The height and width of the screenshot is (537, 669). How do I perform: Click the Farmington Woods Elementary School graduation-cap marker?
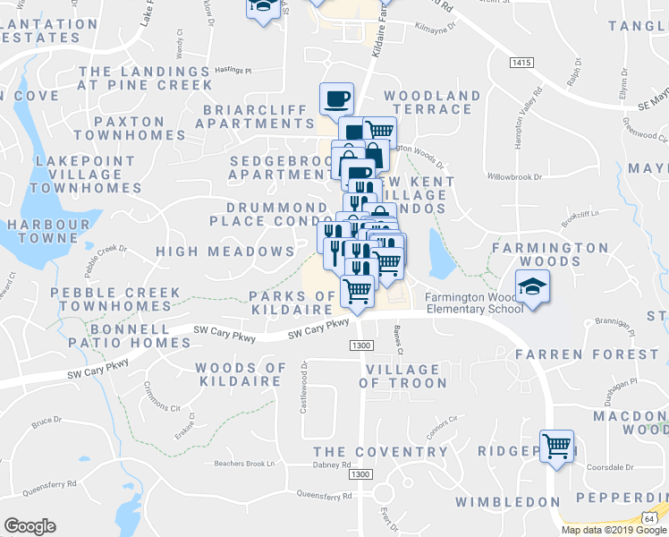click(x=533, y=287)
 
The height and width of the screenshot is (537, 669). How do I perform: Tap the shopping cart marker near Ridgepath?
click(x=557, y=445)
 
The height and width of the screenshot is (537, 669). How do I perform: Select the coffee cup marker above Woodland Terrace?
click(x=337, y=98)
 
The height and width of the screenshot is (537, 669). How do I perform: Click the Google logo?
click(x=30, y=526)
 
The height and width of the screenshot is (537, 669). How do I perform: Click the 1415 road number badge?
click(x=522, y=63)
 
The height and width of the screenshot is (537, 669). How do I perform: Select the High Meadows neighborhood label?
click(x=225, y=252)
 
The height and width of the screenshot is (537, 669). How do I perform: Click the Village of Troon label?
click(x=402, y=376)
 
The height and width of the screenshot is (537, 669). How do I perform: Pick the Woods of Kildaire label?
click(x=241, y=375)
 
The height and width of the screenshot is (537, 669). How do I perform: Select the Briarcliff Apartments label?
click(x=259, y=116)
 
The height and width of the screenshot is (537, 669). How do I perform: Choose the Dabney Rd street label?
click(x=333, y=465)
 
